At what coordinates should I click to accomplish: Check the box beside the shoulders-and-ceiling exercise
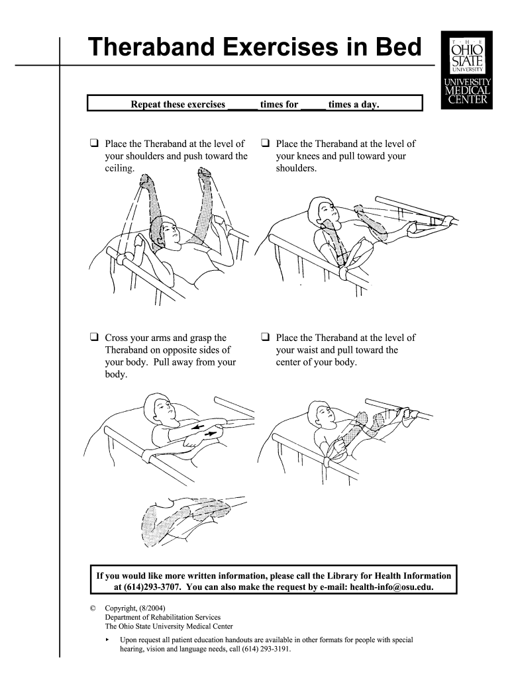pyautogui.click(x=95, y=143)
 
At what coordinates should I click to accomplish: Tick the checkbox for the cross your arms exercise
pyautogui.click(x=95, y=337)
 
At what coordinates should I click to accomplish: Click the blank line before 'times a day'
pyautogui.click(x=313, y=105)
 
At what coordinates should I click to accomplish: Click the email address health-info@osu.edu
pyautogui.click(x=391, y=587)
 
